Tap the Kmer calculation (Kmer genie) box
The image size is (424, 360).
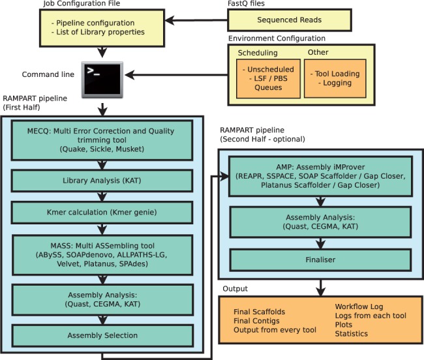pos(102,213)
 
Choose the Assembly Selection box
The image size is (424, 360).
pos(102,335)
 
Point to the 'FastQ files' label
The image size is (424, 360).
pos(248,4)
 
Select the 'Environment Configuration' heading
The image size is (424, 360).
pos(277,38)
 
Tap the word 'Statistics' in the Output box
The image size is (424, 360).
pos(352,334)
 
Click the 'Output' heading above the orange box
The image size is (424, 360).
pos(235,287)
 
